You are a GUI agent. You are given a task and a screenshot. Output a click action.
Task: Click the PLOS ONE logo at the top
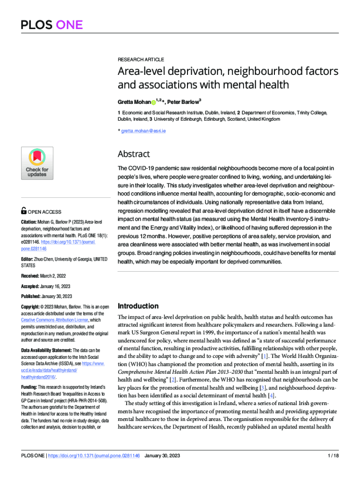tap(52, 24)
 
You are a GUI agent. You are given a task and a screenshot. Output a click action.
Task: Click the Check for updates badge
tap(37, 163)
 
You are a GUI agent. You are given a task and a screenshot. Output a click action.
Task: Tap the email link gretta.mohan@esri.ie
tap(143, 131)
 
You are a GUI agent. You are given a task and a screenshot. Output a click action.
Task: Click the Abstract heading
tap(134, 154)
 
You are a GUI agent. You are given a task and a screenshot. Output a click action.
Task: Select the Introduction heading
tap(138, 306)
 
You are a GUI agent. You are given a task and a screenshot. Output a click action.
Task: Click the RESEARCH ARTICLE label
tap(141, 59)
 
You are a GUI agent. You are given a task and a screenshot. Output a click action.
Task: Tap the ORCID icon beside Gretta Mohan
tap(153, 102)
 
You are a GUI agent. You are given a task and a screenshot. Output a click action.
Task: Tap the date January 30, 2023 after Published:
tap(57, 296)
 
